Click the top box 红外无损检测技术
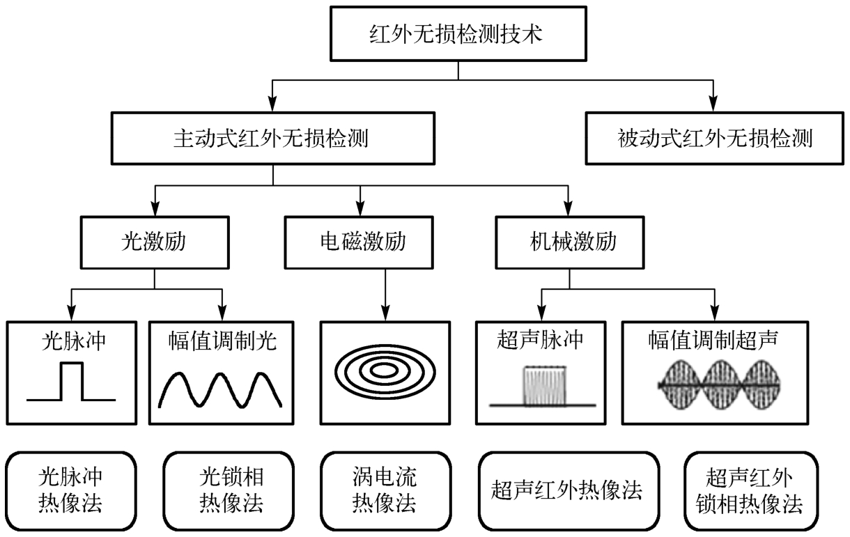457,33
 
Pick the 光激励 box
153,243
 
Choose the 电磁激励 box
360,243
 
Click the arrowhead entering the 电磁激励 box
360,207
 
